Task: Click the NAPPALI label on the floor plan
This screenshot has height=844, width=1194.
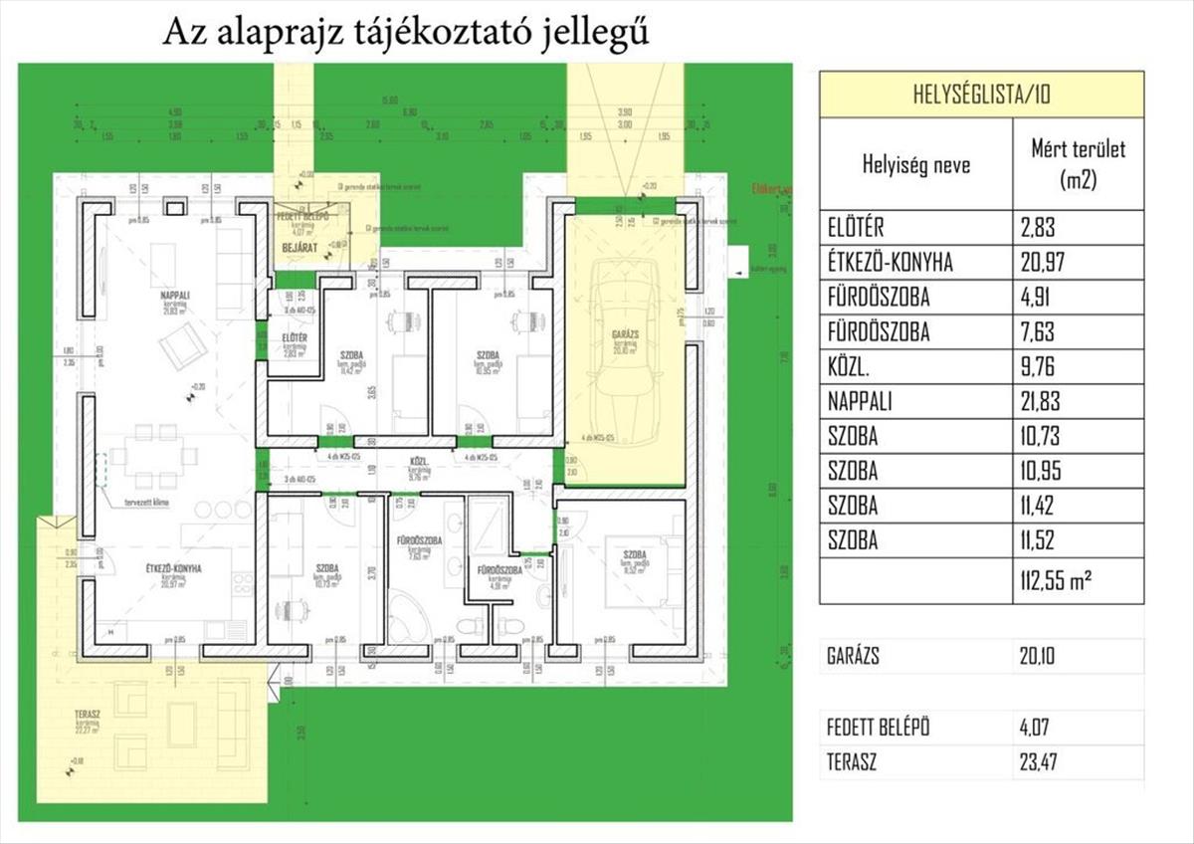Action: pos(176,295)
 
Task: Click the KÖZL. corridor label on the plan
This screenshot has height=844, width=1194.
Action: pos(419,463)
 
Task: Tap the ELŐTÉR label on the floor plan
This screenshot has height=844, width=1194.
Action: pos(295,338)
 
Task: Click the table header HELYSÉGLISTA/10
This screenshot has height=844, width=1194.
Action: pos(980,96)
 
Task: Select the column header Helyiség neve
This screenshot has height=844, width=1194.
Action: pos(915,166)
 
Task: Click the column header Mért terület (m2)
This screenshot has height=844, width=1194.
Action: pos(1079,166)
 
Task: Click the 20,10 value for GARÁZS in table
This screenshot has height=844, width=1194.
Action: pos(1042,656)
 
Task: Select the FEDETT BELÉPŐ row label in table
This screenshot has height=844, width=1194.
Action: pos(879,728)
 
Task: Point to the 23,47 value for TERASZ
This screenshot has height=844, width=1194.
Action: pos(1042,763)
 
